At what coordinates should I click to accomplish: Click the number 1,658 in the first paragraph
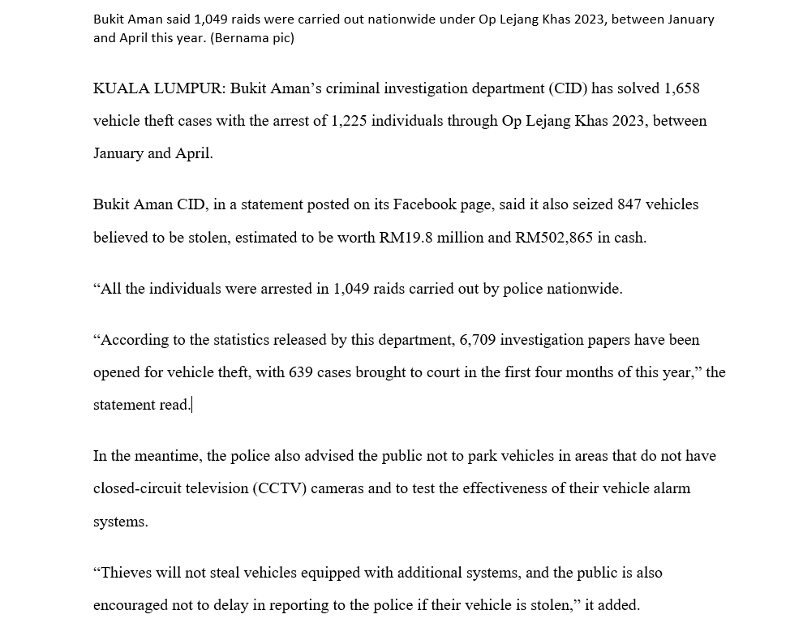682,88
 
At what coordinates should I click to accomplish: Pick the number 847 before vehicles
629,204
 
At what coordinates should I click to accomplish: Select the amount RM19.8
406,238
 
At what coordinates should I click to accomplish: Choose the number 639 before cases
301,372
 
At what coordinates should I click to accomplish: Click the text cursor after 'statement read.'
192,405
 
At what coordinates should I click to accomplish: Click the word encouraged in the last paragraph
133,605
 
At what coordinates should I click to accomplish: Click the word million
461,238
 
